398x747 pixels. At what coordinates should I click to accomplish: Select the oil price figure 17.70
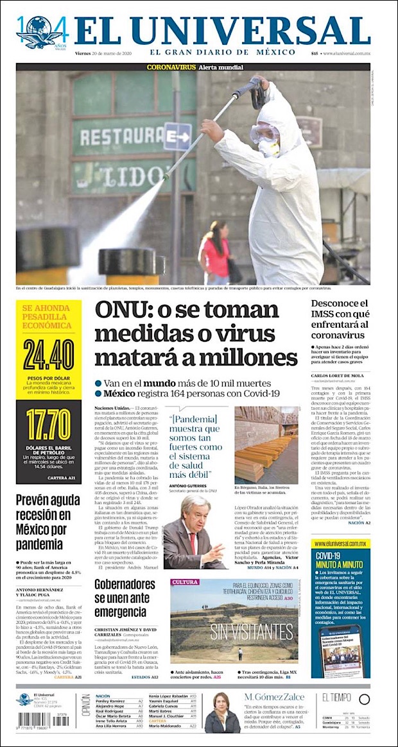click(x=49, y=424)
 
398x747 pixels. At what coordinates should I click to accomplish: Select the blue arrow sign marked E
click(x=178, y=136)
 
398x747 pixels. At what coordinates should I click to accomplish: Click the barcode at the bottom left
click(x=34, y=720)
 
